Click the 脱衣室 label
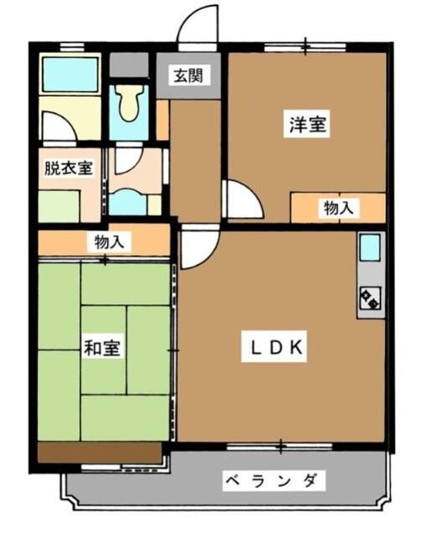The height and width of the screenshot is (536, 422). click(x=69, y=167)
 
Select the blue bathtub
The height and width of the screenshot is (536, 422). click(x=70, y=75)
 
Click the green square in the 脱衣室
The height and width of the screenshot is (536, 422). click(x=64, y=205)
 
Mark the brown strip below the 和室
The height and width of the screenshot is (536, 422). click(x=99, y=452)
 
